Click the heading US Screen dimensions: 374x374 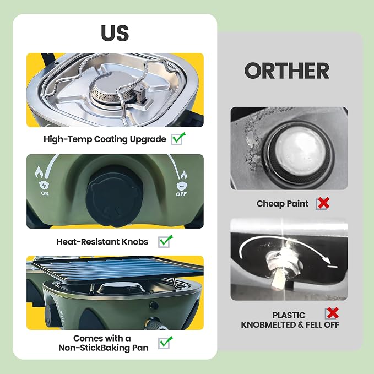pyautogui.click(x=115, y=33)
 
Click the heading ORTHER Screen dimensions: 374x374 pyautogui.click(x=287, y=71)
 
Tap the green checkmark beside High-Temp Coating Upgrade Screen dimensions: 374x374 pyautogui.click(x=178, y=139)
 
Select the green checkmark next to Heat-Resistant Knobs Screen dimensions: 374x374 pyautogui.click(x=165, y=241)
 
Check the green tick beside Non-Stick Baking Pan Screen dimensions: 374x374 pyautogui.click(x=165, y=343)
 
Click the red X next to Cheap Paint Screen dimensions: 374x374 pyautogui.click(x=323, y=203)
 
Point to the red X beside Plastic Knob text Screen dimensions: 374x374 pyautogui.click(x=332, y=313)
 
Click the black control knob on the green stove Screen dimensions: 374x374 pyautogui.click(x=115, y=196)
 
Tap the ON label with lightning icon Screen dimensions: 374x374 pyautogui.click(x=45, y=188)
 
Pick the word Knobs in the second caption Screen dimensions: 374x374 pyautogui.click(x=135, y=242)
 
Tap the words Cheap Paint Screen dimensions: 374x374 pyautogui.click(x=283, y=204)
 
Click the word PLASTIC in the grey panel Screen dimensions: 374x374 pyautogui.click(x=289, y=315)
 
